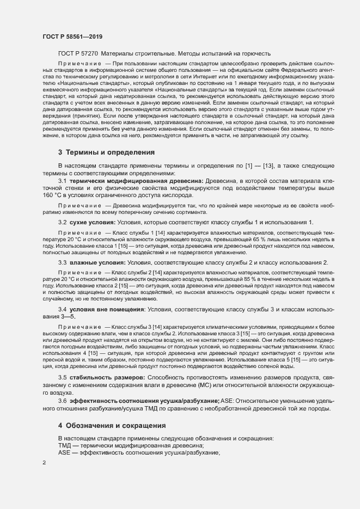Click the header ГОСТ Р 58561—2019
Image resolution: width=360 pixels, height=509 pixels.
click(x=72, y=36)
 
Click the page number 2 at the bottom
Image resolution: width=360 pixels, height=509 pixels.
click(x=44, y=463)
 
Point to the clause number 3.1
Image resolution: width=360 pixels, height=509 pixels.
click(x=62, y=180)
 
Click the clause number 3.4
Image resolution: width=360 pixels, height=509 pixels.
click(x=62, y=309)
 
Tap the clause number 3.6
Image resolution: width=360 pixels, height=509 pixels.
click(x=62, y=401)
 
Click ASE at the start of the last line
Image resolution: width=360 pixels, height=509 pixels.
click(x=65, y=453)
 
